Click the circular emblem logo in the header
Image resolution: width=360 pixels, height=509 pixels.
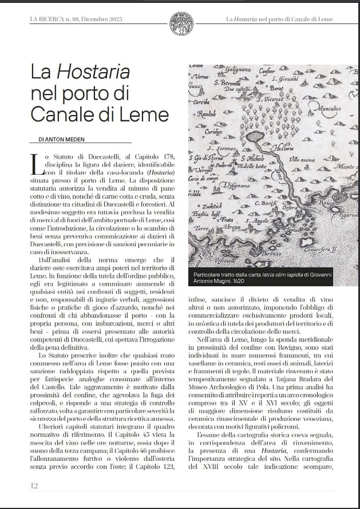point(181,23)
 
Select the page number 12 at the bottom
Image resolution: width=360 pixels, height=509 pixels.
point(34,486)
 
